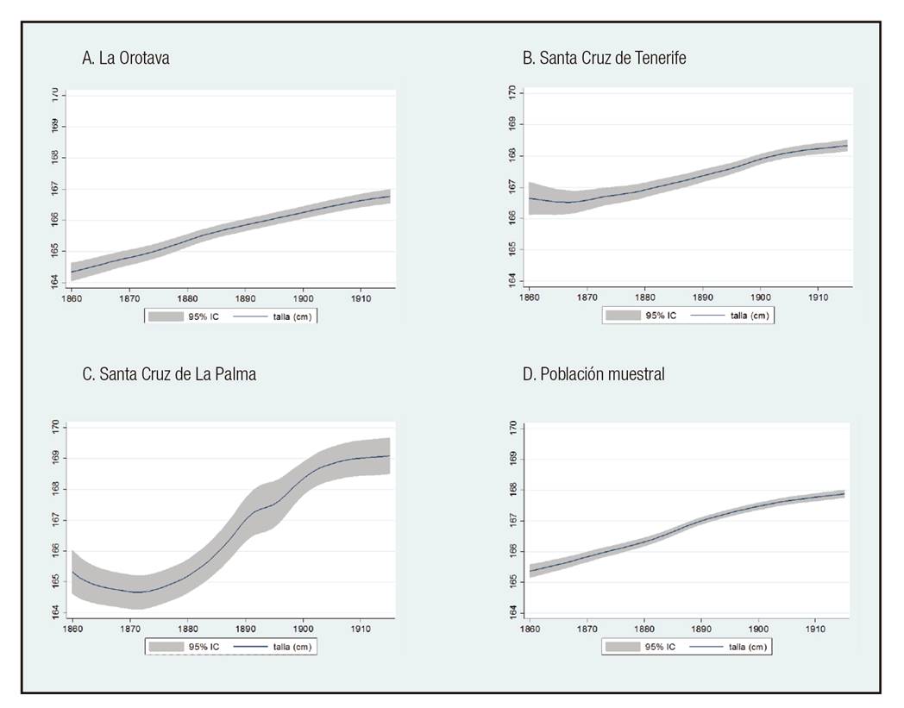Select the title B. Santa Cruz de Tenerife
point(604,59)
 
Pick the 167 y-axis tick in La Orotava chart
point(54,188)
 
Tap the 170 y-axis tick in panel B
point(512,92)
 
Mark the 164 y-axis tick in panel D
point(512,611)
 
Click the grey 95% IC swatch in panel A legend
point(164,316)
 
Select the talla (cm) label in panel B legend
point(749,316)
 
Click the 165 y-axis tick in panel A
point(54,251)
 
